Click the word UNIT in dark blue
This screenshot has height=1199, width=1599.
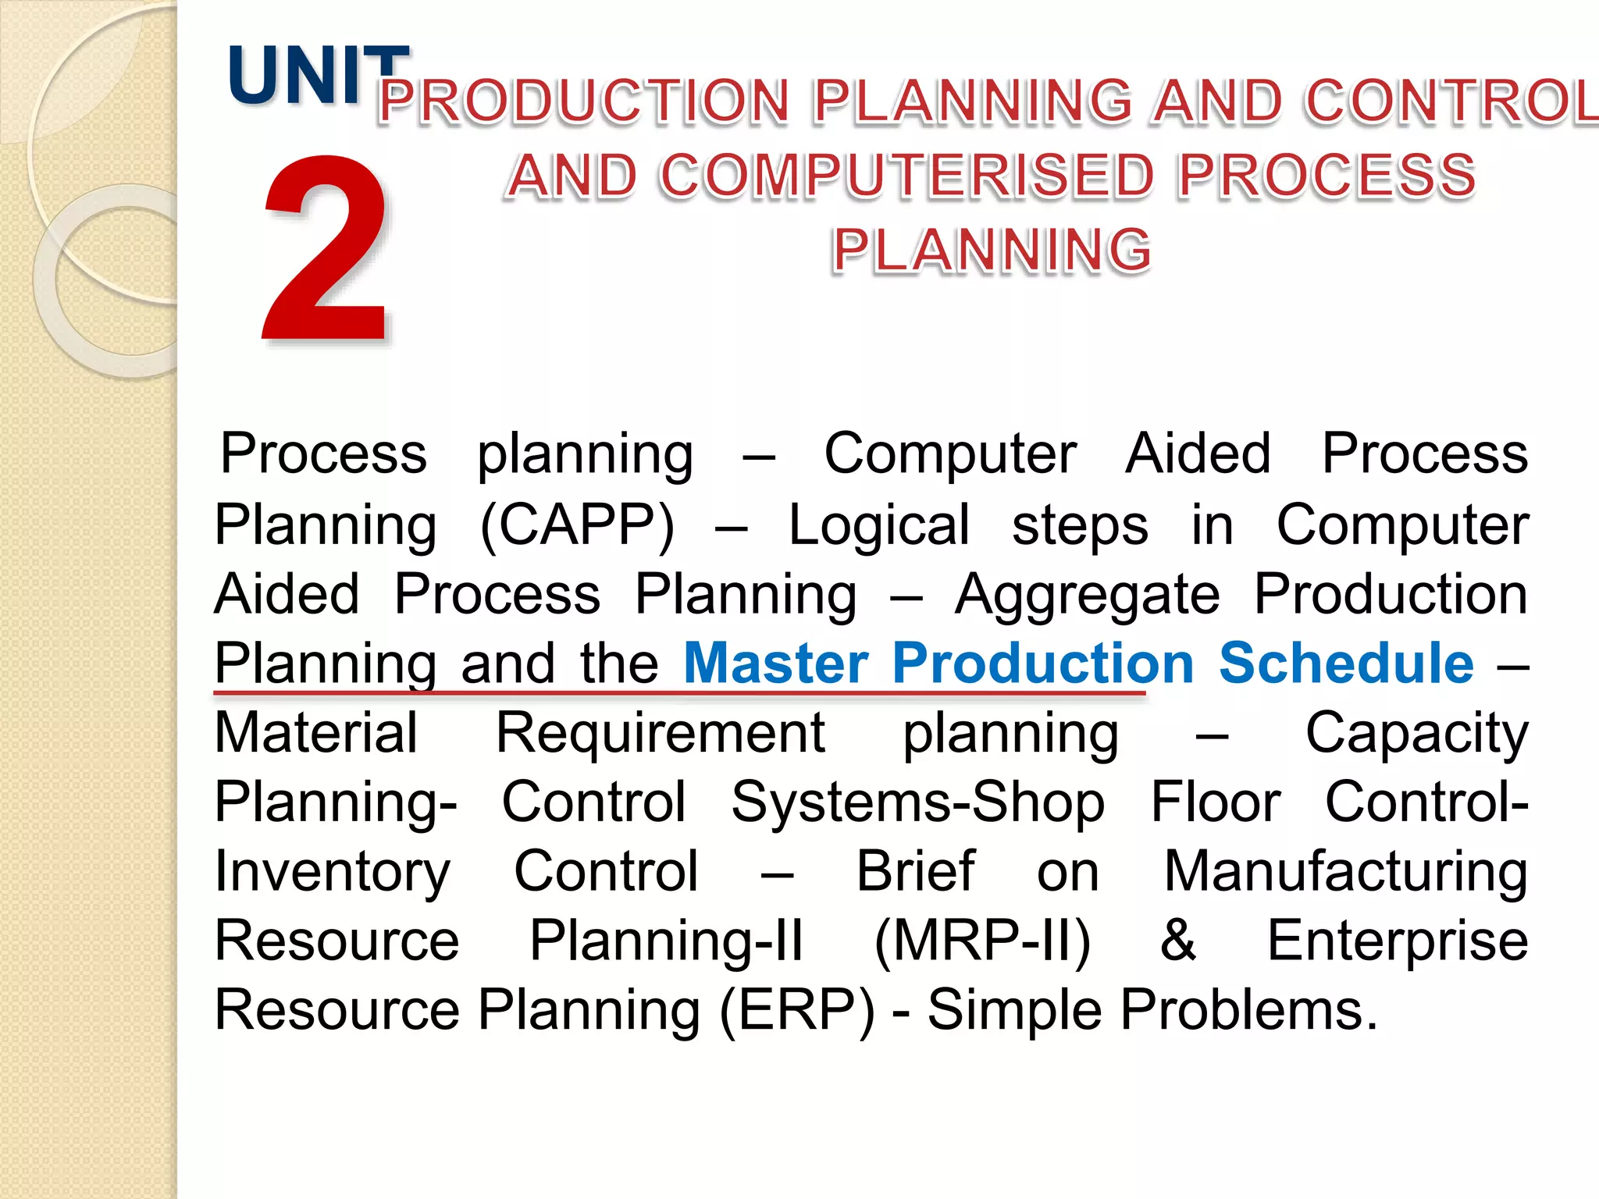click(x=319, y=76)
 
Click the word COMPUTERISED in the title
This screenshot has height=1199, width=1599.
click(x=906, y=176)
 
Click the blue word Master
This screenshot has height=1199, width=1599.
click(x=776, y=664)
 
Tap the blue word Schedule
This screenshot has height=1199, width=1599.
click(x=1346, y=664)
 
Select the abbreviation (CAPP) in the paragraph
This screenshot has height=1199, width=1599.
click(x=577, y=525)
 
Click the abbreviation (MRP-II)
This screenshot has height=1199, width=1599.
click(x=982, y=941)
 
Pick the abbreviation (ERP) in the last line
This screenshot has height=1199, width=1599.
click(x=797, y=1010)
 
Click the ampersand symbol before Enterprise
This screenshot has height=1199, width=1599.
click(x=1177, y=941)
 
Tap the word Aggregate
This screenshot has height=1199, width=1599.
click(x=1088, y=595)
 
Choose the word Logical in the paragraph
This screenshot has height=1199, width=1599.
click(x=879, y=525)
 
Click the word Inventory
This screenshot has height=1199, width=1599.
click(x=333, y=872)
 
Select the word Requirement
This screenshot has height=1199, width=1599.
click(x=661, y=733)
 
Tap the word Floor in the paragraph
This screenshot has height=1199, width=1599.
click(x=1216, y=802)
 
